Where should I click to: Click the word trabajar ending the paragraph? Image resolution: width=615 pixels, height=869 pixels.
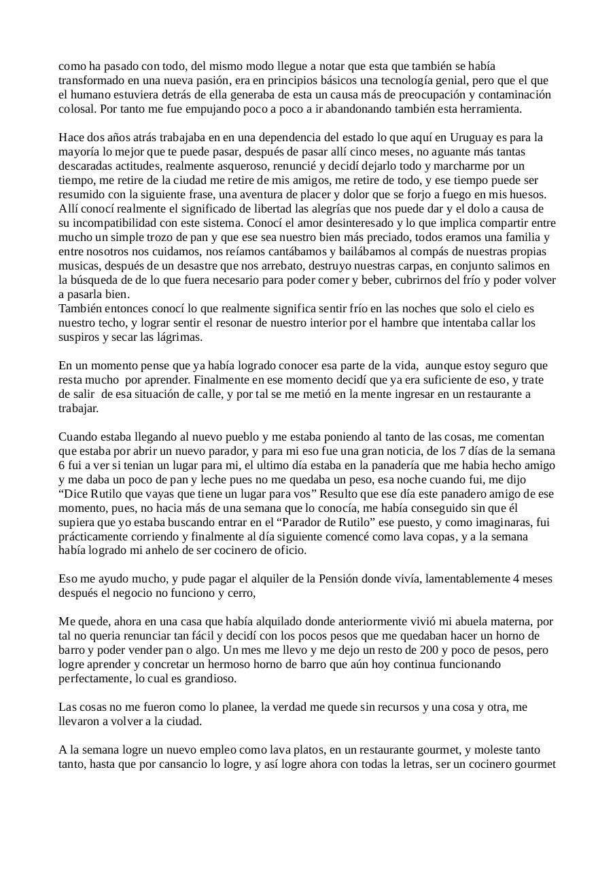pyautogui.click(x=78, y=408)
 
